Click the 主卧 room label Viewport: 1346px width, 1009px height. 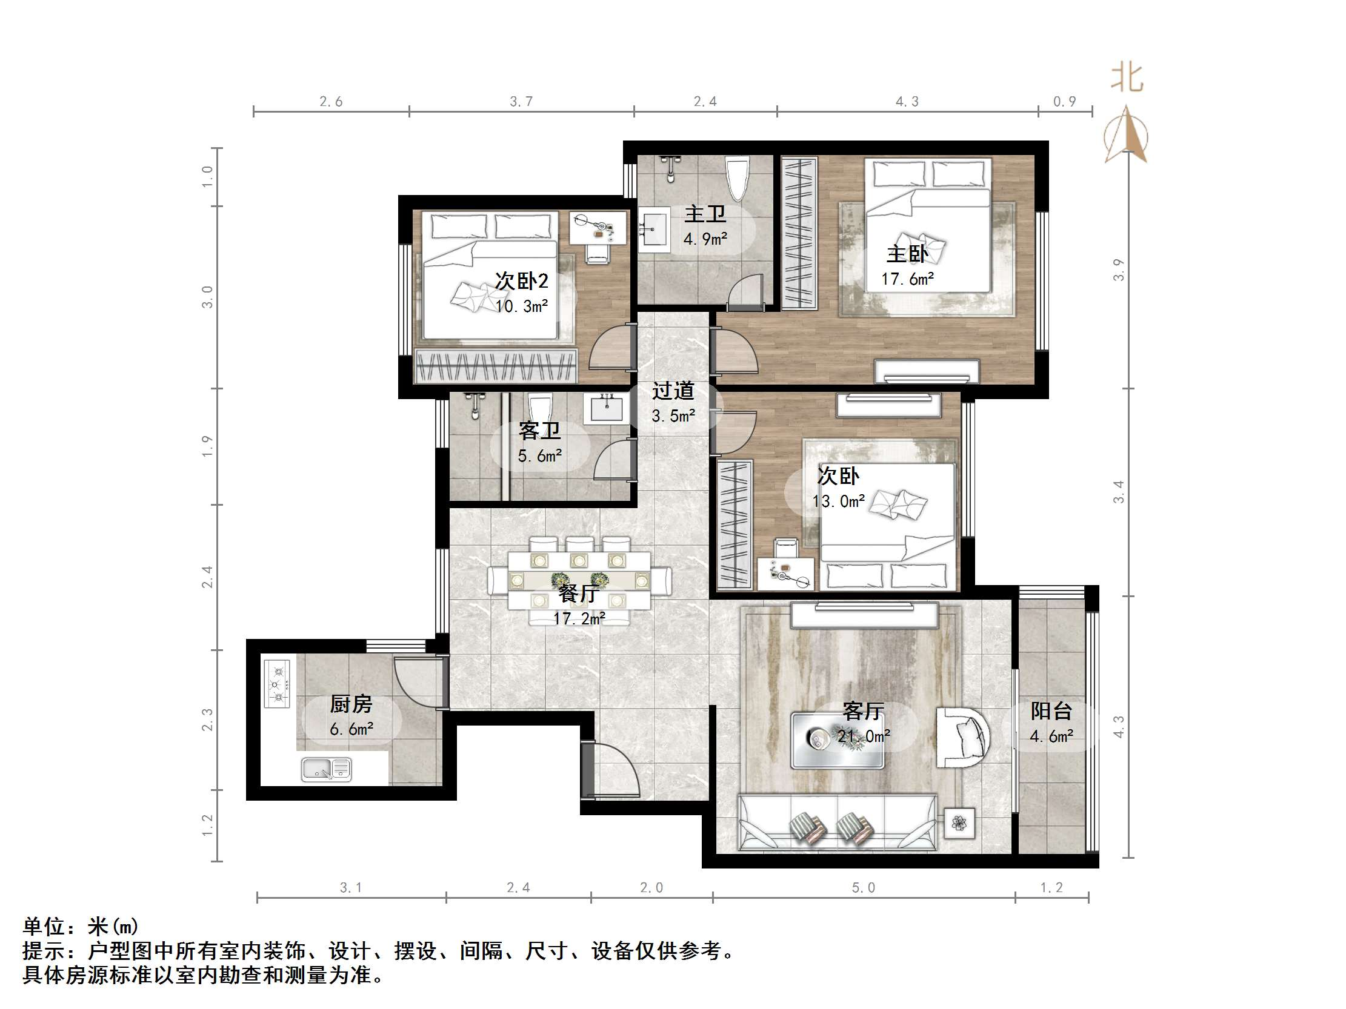907,254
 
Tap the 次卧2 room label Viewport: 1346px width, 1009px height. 521,281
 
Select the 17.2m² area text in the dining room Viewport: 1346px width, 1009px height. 579,618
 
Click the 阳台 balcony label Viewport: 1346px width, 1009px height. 1051,711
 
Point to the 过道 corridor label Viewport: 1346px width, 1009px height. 673,391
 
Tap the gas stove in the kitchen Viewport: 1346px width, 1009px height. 277,684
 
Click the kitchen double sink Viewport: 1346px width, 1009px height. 327,769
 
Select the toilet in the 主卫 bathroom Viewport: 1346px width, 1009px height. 738,178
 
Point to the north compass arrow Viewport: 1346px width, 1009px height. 1127,134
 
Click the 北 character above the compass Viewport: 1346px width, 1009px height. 1127,79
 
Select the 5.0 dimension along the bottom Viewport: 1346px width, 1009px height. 863,888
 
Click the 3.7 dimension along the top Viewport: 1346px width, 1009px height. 521,102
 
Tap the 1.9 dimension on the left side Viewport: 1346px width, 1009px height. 207,446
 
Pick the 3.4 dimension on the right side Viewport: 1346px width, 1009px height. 1119,491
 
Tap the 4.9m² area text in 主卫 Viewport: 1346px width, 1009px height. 705,239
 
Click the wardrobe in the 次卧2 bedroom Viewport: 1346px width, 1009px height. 495,366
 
